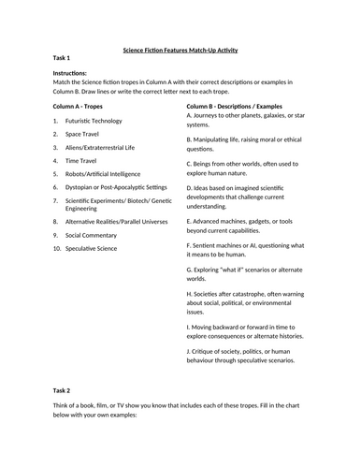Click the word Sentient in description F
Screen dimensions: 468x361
(207, 245)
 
